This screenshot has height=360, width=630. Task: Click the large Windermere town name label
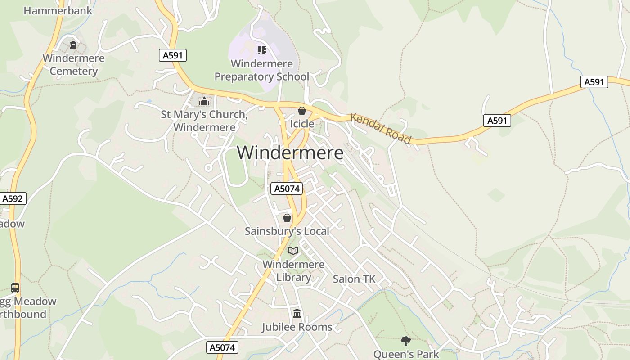pos(290,153)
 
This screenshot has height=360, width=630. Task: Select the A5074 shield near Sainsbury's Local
pos(287,189)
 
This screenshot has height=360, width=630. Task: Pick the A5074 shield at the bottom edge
pos(222,347)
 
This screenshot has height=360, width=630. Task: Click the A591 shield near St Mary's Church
pos(173,56)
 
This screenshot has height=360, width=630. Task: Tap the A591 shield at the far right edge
pos(594,82)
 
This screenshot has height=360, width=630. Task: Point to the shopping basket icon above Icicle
pos(302,111)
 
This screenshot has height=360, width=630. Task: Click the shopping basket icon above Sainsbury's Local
pos(287,218)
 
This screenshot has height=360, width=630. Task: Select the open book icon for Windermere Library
pos(293,251)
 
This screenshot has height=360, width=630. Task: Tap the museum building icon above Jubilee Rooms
pos(297,314)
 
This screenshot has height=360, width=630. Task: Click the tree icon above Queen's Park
pos(406,341)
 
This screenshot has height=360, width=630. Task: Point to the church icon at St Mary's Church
pos(204,101)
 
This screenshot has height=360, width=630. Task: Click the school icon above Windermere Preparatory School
pos(261,50)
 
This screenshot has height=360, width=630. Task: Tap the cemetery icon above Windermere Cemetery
pos(73,45)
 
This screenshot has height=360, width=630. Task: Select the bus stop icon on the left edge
pos(15,288)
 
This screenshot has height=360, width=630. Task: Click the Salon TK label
pos(354,279)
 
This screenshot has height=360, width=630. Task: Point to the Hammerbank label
pos(58,10)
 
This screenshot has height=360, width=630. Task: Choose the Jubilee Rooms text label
pos(297,327)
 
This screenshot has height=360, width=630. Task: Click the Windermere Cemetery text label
pos(74,65)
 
